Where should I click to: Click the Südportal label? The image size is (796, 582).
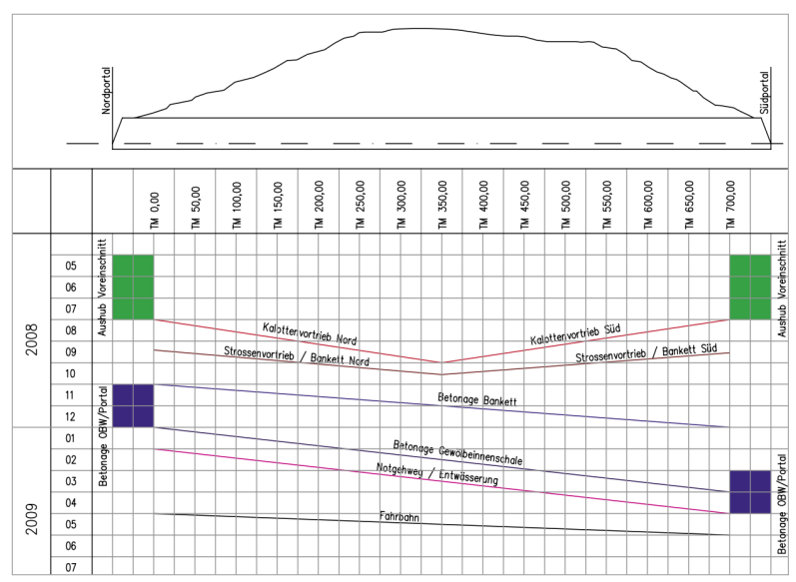coord(764,92)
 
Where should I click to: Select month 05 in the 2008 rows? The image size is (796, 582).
coord(71,267)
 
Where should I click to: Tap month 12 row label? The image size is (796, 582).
coord(71,416)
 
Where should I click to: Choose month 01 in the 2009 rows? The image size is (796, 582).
coord(71,438)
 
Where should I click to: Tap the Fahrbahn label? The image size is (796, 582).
coord(398,517)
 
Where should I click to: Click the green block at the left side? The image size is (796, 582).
coord(133,287)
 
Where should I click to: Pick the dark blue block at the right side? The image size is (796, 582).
coord(749,492)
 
